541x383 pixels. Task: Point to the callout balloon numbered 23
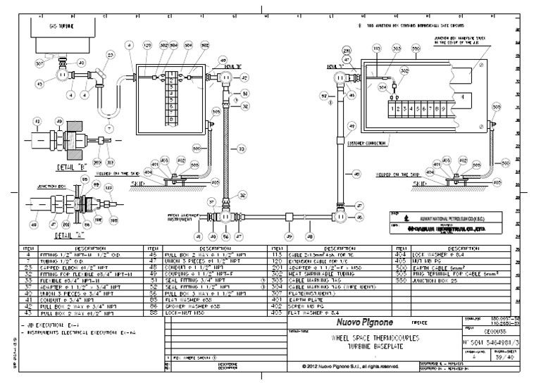tap(110, 54)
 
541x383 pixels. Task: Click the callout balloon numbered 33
tap(242, 149)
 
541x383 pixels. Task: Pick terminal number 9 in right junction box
tap(442, 109)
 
